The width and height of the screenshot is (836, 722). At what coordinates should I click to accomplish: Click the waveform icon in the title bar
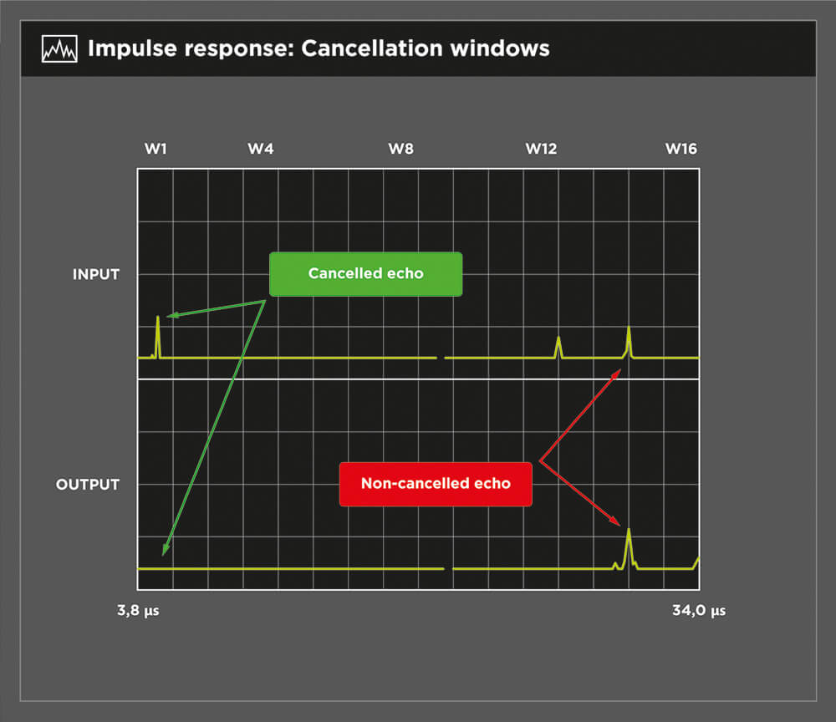point(59,49)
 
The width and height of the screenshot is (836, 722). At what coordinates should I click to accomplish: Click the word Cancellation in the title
point(372,48)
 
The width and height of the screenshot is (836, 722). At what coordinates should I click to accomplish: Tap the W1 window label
point(155,149)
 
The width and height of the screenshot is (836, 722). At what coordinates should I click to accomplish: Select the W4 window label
point(261,149)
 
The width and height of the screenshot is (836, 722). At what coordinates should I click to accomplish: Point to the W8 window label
point(401,149)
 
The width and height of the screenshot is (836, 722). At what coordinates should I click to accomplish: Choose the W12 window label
point(541,149)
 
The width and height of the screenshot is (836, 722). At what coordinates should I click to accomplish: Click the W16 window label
point(681,149)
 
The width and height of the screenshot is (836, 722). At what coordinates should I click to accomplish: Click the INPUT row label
point(96,274)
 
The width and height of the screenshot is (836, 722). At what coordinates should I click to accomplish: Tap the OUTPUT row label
point(88,485)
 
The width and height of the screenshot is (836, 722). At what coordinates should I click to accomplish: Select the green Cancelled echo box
point(366,274)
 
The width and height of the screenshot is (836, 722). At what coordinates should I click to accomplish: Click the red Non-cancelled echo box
point(436,484)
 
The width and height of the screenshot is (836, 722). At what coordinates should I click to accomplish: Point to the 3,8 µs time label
point(138,611)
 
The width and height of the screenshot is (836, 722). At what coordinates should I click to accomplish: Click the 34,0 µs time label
point(699,611)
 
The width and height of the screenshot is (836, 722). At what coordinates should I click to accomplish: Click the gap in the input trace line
point(441,358)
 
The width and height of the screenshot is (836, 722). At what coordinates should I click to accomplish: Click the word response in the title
point(235,49)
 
